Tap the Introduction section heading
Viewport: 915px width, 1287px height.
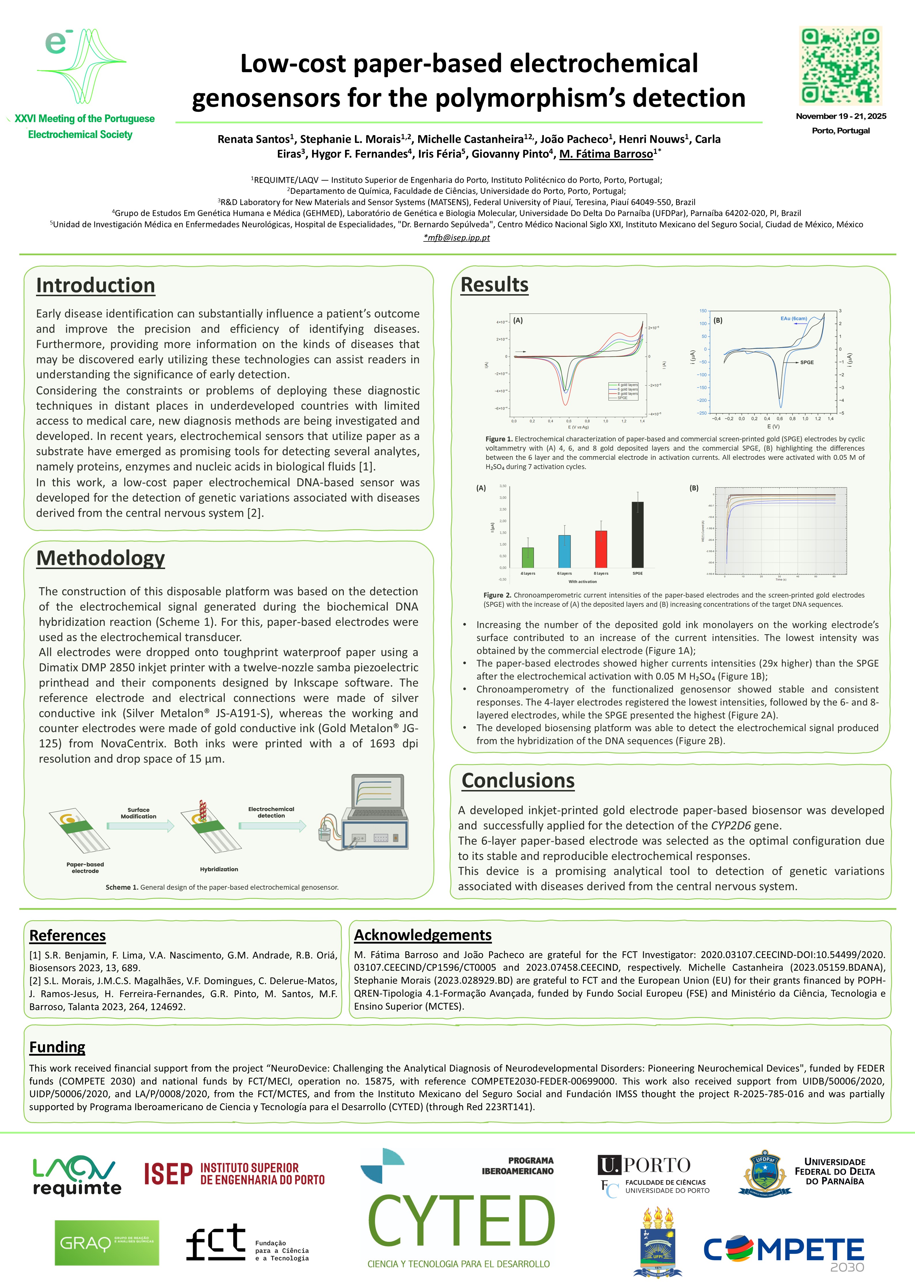coord(95,286)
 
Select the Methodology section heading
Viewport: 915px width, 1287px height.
coord(100,558)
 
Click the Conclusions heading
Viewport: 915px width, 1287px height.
coord(518,781)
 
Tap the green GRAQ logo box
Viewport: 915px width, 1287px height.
coord(107,1243)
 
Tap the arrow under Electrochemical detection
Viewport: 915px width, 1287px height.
coord(272,826)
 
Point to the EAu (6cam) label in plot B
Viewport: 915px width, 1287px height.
coord(793,319)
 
